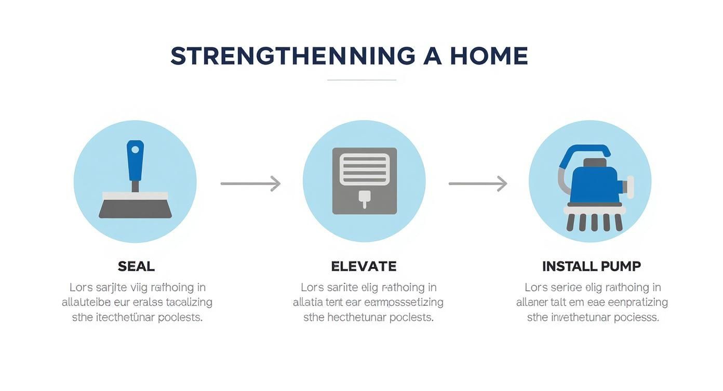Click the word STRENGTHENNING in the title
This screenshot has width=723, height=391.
pyautogui.click(x=293, y=56)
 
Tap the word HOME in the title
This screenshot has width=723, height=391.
pyautogui.click(x=489, y=56)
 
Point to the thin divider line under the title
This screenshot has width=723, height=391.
pyautogui.click(x=361, y=80)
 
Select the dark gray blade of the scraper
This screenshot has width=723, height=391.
pyautogui.click(x=135, y=209)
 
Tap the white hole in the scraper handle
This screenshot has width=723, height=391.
pyautogui.click(x=135, y=150)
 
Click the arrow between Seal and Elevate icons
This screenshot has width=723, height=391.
pyautogui.click(x=250, y=183)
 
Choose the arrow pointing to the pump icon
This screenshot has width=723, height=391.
pyautogui.click(x=477, y=183)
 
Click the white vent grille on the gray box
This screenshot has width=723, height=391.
pyautogui.click(x=364, y=170)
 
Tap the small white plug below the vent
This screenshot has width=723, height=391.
pyautogui.click(x=364, y=198)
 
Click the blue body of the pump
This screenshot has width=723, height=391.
pyautogui.click(x=594, y=185)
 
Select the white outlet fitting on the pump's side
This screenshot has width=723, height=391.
pyautogui.click(x=630, y=187)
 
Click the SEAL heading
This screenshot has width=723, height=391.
pyautogui.click(x=136, y=267)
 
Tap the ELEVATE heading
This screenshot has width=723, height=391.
pyautogui.click(x=364, y=267)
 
